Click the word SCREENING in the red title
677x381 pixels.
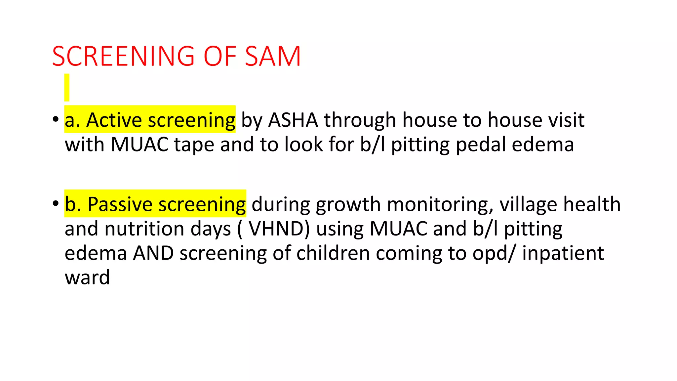pyautogui.click(x=123, y=56)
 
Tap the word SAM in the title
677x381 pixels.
pyautogui.click(x=273, y=56)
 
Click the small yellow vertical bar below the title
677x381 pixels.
pyautogui.click(x=67, y=87)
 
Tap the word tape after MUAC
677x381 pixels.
pyautogui.click(x=194, y=145)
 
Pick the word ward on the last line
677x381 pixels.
pyautogui.click(x=87, y=277)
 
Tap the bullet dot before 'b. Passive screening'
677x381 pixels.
pyautogui.click(x=55, y=203)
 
